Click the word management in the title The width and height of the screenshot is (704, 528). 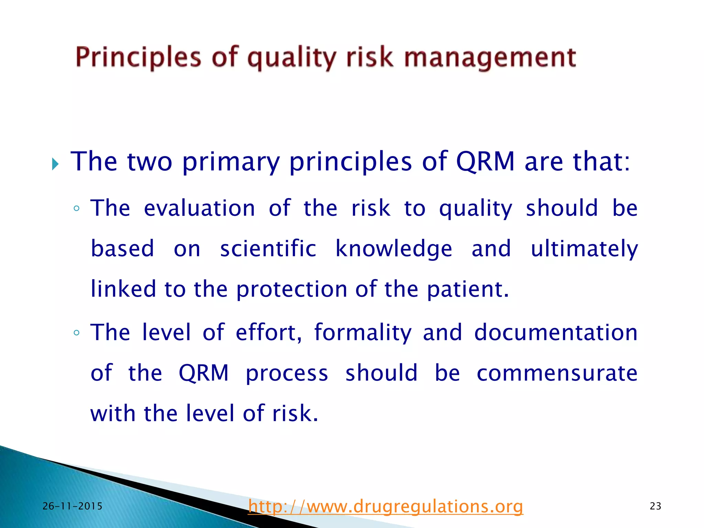coord(490,58)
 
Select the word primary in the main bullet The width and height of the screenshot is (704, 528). coord(231,162)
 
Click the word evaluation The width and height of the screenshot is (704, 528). coord(199,208)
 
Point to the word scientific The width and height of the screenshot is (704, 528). coord(268,249)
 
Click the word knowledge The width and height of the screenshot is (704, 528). coord(394,249)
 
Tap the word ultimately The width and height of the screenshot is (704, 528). coord(584,249)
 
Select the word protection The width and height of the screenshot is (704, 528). coord(291,289)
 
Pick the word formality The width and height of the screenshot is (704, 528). coord(363,333)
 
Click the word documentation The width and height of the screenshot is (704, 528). coord(556,333)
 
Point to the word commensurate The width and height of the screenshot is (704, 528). coord(557,373)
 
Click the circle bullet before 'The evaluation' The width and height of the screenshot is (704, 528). coord(77,209)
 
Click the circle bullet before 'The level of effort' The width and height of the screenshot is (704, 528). coord(77,333)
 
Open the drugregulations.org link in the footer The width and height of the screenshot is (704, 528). coord(385,506)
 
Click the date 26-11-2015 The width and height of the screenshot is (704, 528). coord(73,506)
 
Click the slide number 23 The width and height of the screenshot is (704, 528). coord(656,506)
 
